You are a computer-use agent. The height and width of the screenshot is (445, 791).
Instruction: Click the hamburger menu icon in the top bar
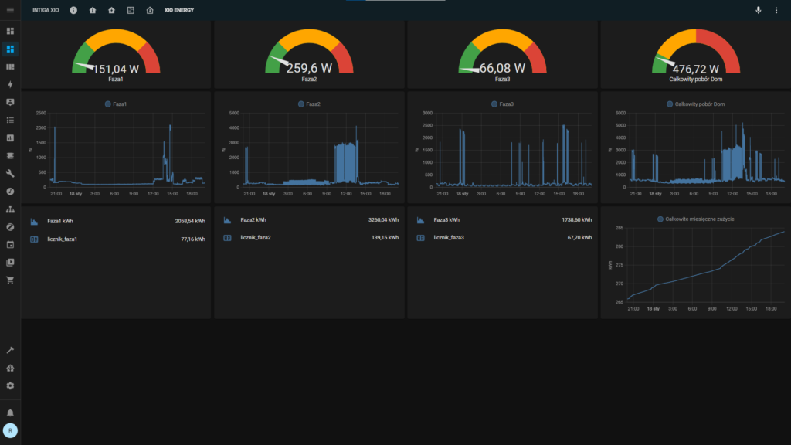(10, 10)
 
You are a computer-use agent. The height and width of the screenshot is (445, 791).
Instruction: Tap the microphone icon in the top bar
(758, 10)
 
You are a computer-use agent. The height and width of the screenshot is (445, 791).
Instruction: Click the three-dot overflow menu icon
(776, 10)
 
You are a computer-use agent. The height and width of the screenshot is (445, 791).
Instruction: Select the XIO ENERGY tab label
(179, 10)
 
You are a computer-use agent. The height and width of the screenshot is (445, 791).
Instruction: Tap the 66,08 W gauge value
(502, 68)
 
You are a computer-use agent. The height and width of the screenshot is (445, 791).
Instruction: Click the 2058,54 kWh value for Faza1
(190, 221)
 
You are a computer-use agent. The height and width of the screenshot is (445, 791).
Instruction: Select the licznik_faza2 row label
(256, 238)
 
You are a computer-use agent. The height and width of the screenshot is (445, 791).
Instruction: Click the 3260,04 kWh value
(383, 221)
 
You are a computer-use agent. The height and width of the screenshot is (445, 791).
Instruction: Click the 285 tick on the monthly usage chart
(618, 228)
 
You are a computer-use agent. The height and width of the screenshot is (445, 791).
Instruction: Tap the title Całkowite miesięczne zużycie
(699, 219)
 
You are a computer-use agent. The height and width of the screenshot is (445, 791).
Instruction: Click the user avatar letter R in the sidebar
(10, 430)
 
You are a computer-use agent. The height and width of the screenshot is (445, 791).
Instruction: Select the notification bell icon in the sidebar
(10, 413)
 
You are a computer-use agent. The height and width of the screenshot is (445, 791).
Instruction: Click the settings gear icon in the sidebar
(10, 386)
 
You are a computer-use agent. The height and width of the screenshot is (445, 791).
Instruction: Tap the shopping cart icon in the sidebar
(10, 280)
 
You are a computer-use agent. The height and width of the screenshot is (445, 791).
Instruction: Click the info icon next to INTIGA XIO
(73, 10)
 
